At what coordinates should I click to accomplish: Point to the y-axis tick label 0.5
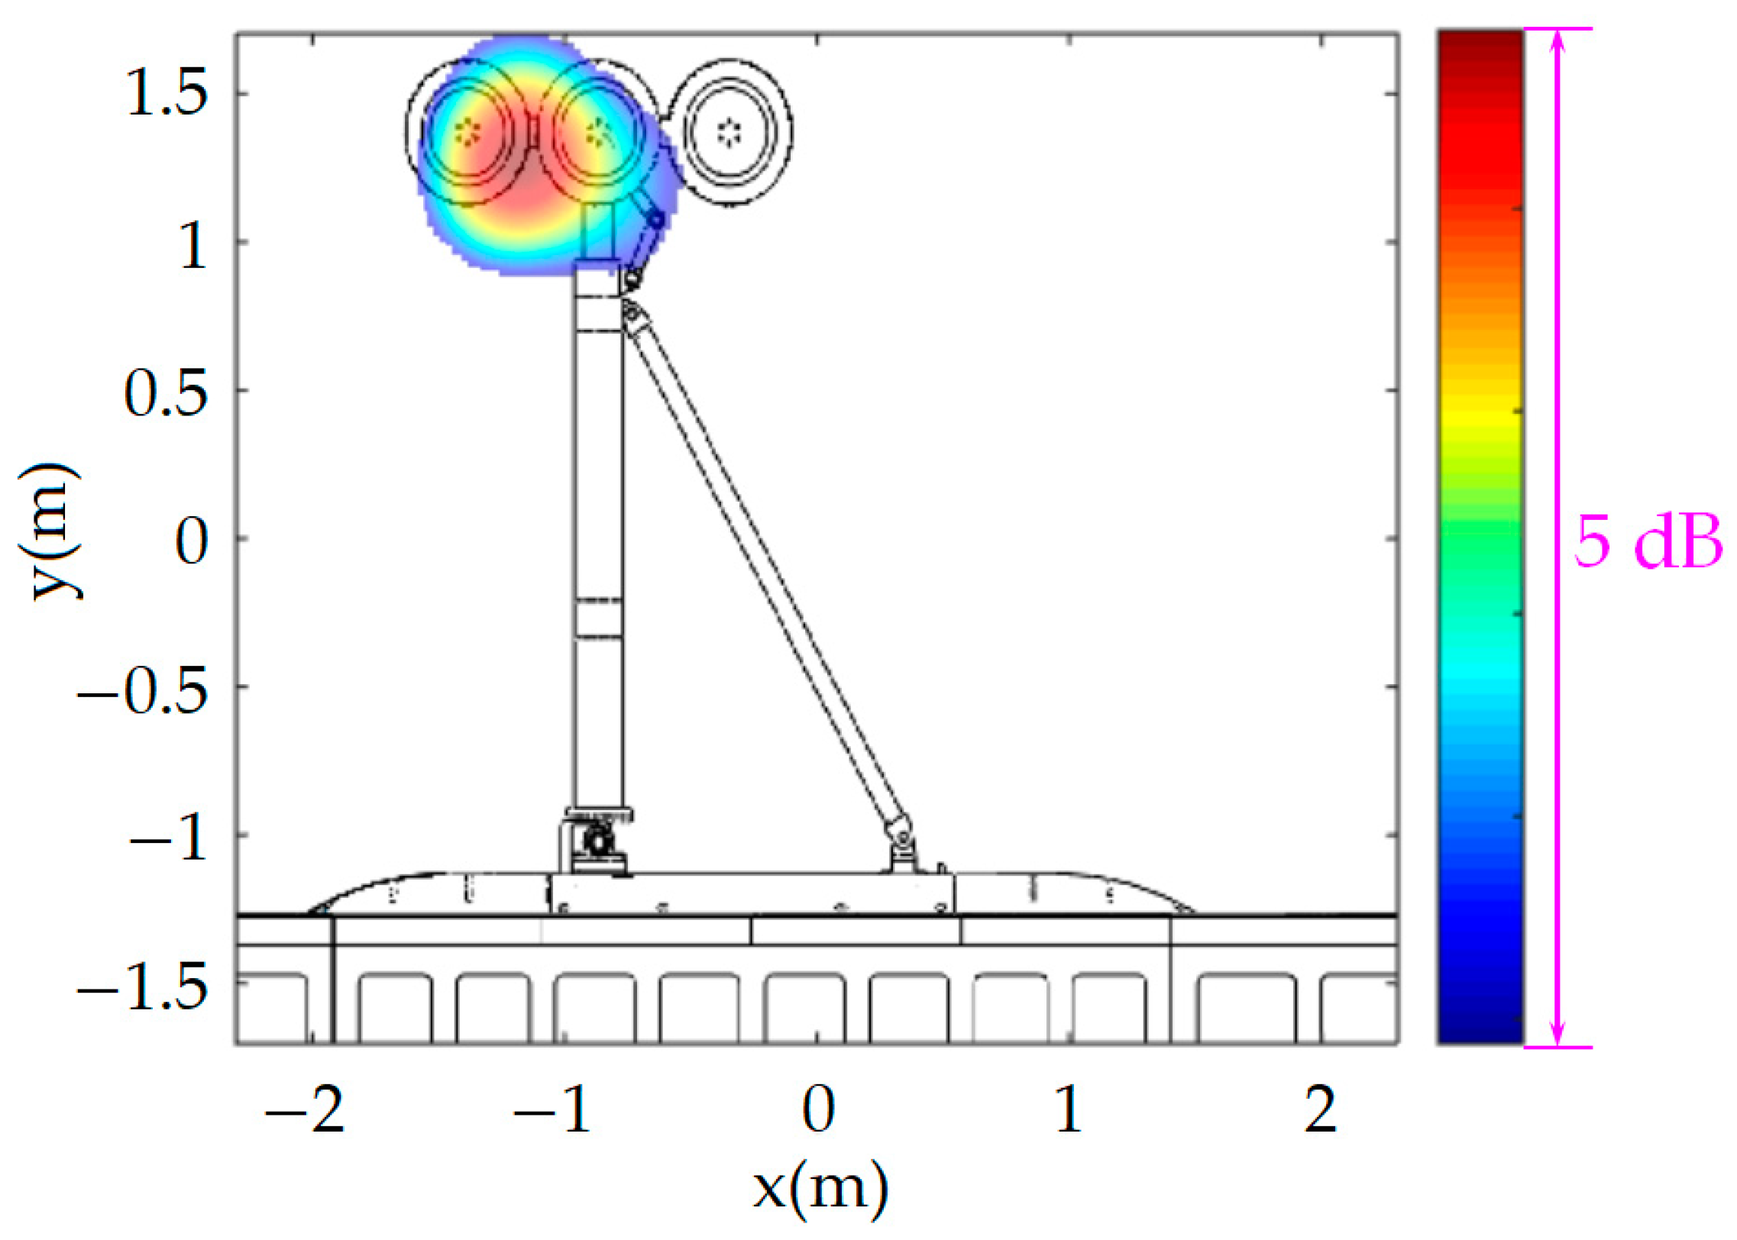coord(166,392)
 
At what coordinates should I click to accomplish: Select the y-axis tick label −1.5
coord(143,987)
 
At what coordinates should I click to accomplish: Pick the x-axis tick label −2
coord(305,1109)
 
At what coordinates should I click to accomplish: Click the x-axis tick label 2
coord(1321,1109)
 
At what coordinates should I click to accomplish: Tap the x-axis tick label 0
coord(818,1109)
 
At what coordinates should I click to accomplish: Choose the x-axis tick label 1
coord(1069,1109)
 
